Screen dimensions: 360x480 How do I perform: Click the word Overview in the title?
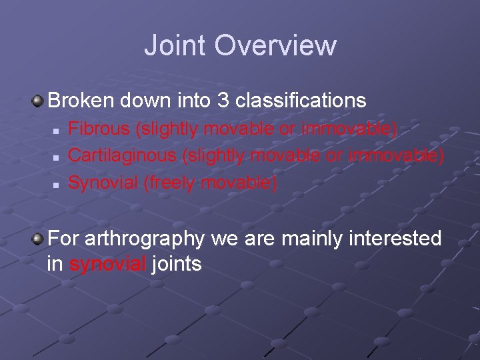coord(276,45)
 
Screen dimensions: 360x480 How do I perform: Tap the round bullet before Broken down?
coord(39,101)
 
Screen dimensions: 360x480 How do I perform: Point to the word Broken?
coord(81,101)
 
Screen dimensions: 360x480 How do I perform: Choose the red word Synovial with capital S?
coord(103,182)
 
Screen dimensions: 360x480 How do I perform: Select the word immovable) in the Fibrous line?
coord(349,128)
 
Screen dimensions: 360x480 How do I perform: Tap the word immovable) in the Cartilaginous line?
coord(395,155)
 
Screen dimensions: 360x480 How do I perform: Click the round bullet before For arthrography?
coord(39,238)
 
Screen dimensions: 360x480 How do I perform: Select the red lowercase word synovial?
coord(107,264)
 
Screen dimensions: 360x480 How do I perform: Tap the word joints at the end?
coord(177,264)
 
